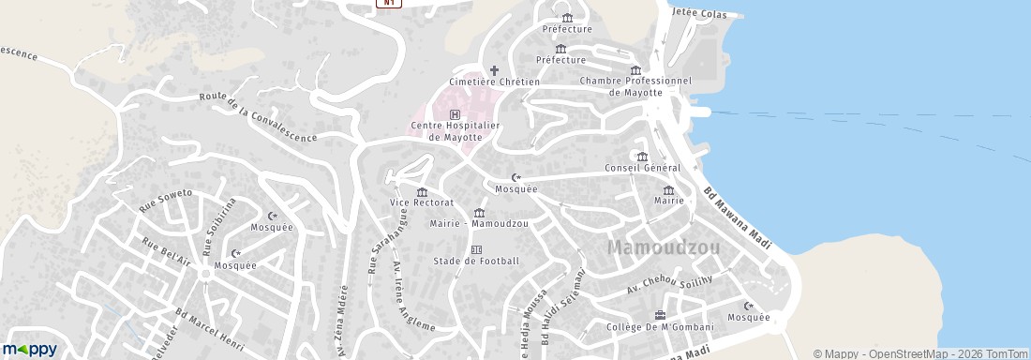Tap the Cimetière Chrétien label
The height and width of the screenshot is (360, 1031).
[494, 82]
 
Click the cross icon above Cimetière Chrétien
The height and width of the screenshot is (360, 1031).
[494, 69]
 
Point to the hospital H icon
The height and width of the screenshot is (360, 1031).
[456, 113]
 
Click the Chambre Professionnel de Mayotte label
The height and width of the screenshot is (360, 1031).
[635, 86]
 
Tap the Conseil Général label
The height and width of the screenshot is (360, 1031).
[642, 168]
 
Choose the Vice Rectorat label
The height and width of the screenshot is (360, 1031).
[422, 202]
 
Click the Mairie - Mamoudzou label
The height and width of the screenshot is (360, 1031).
[478, 224]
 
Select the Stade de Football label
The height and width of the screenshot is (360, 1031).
[475, 261]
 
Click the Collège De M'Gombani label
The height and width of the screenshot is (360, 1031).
[660, 327]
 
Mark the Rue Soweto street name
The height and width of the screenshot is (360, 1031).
[166, 200]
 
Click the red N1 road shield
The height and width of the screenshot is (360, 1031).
[389, 4]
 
